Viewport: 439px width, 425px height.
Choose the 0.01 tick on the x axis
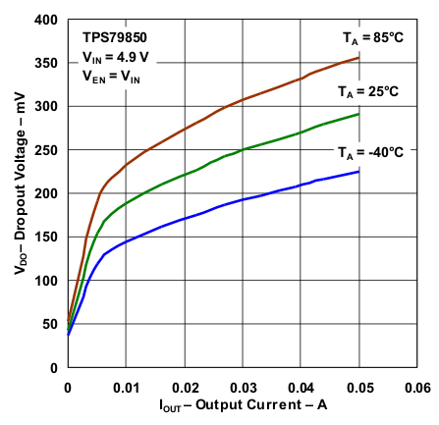126,388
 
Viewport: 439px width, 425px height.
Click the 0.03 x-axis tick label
243,388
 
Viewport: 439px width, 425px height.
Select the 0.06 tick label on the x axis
416,388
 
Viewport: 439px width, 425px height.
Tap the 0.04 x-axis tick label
301,388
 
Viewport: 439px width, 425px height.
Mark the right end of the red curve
358,57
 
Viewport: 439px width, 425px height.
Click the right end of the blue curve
358,172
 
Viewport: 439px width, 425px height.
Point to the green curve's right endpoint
358,114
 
